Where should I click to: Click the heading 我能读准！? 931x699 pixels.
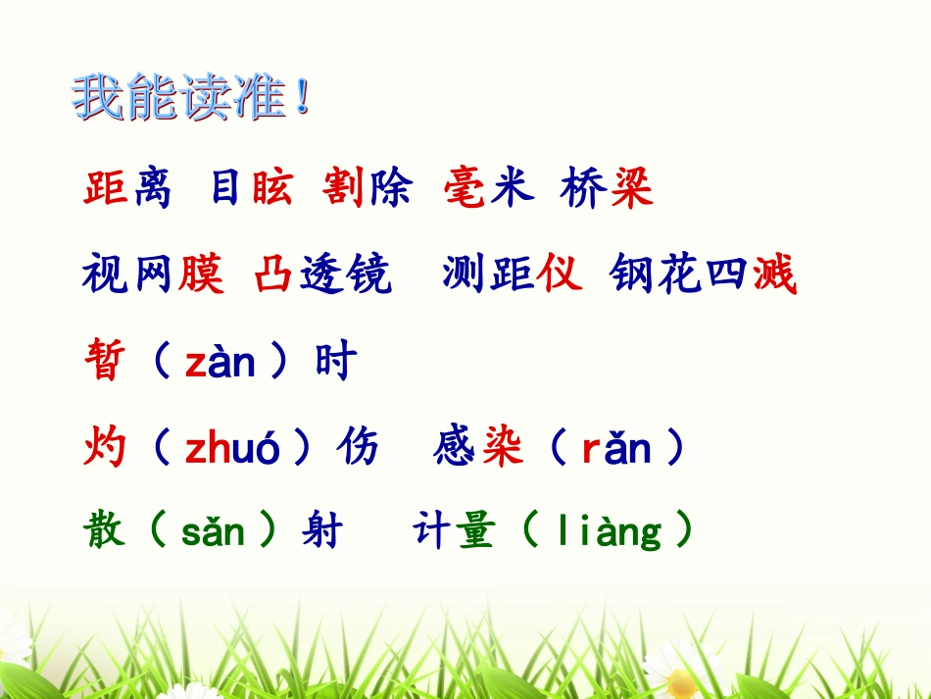(x=192, y=99)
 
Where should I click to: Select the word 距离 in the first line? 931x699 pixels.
(x=127, y=188)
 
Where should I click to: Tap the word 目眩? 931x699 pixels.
(x=252, y=188)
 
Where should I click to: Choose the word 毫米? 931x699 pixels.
(x=488, y=188)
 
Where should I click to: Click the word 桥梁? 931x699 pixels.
(x=607, y=188)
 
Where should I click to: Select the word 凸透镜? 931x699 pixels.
(x=322, y=275)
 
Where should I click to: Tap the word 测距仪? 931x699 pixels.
(x=512, y=275)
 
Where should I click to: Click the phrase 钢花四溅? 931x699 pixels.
(x=703, y=275)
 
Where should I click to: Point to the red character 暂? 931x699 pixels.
(x=104, y=363)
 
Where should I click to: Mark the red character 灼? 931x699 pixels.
(x=104, y=449)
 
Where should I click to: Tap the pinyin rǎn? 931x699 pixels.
(x=615, y=449)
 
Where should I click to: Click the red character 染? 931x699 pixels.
(x=503, y=449)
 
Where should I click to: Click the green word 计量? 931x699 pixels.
(x=454, y=530)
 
